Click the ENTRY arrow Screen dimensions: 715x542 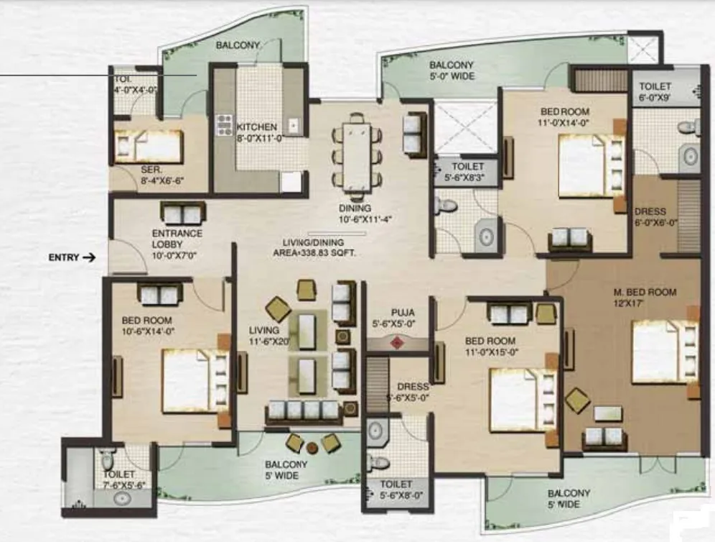tap(88, 257)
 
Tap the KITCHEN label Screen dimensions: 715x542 tap(257, 127)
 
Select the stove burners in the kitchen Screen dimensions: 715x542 tap(224, 125)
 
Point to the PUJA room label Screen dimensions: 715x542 tap(403, 313)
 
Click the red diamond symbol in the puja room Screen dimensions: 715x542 tap(397, 342)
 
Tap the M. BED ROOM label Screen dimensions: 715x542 tap(645, 293)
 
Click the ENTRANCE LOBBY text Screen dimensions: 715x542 tap(177, 239)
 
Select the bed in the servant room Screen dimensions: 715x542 tap(149, 146)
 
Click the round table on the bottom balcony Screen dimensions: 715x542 tap(312, 448)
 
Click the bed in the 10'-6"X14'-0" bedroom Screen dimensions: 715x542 tap(195, 381)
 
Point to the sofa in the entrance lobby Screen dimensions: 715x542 tap(183, 213)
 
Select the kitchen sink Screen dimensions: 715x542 tap(293, 125)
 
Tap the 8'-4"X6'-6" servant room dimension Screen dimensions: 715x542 tap(162, 181)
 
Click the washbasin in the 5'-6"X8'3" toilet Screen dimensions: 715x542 tap(487, 237)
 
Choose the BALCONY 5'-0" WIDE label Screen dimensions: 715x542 tap(452, 70)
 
